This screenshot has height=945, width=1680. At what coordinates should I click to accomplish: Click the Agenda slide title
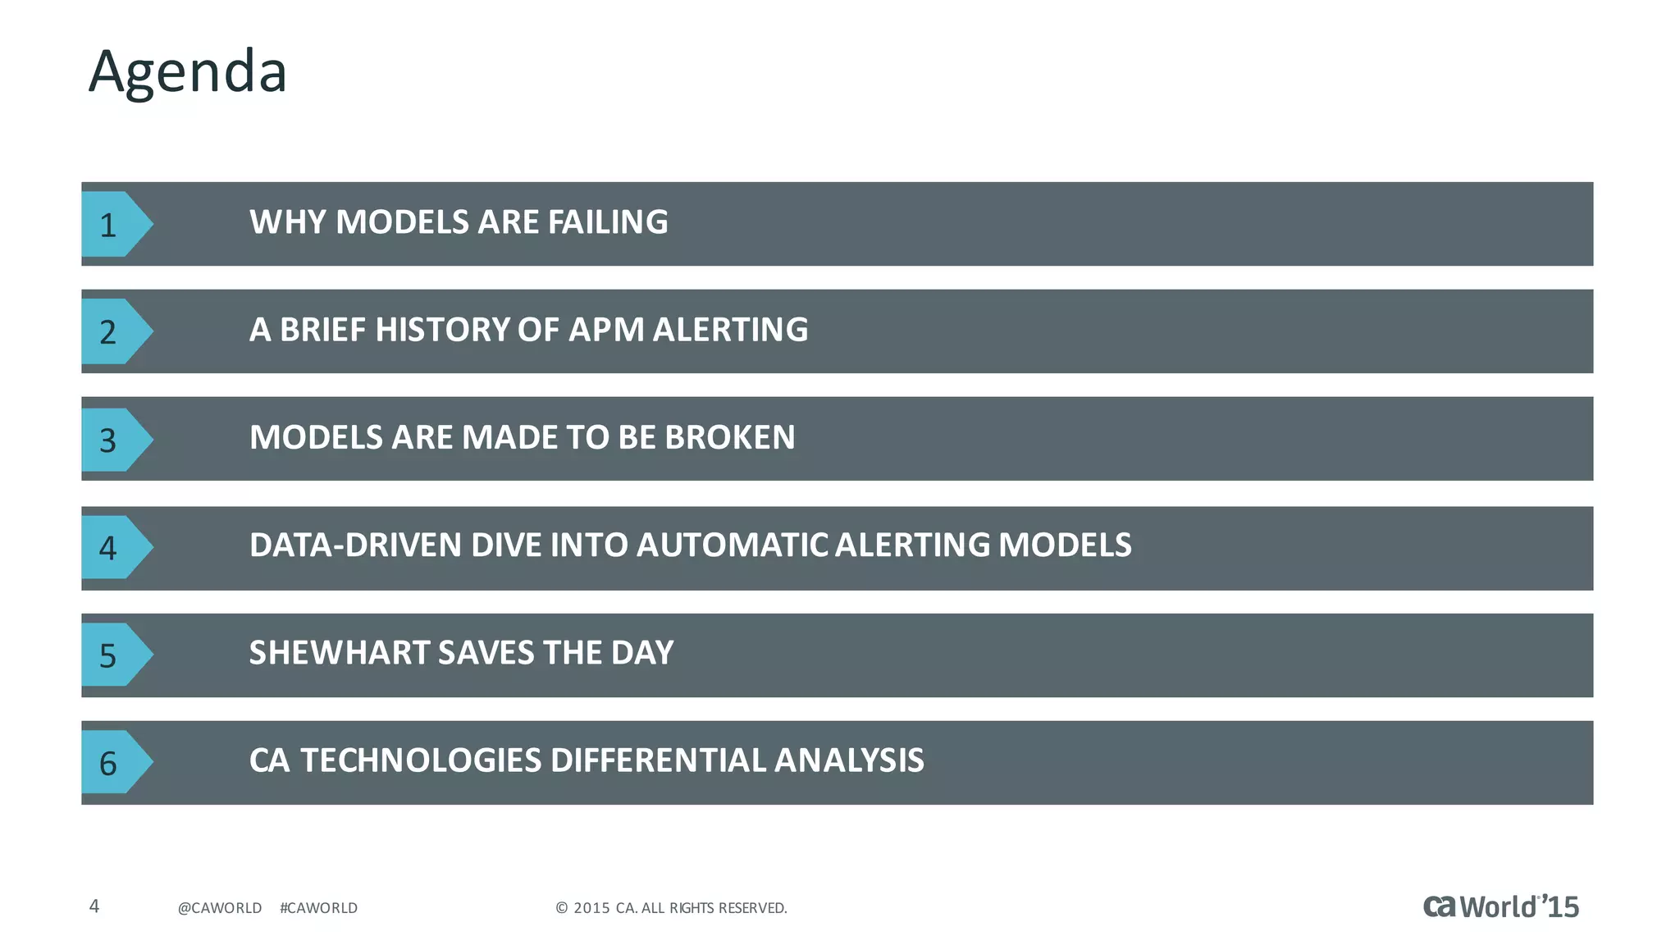pos(188,72)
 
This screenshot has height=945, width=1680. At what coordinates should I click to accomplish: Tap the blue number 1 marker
pos(112,224)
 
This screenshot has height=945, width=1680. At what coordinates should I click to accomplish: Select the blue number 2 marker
pos(112,331)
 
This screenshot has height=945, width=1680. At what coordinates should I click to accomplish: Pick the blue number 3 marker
pos(112,440)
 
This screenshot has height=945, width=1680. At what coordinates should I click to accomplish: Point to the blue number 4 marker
pos(112,547)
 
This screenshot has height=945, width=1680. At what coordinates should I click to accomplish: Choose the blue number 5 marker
pos(112,655)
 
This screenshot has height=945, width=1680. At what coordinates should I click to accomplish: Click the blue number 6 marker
pos(112,762)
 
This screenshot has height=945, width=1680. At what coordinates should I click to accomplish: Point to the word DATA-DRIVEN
pos(355,546)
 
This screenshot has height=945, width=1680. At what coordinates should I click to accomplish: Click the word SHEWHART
pos(339,653)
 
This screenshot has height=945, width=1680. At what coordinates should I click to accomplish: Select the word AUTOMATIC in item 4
pos(732,546)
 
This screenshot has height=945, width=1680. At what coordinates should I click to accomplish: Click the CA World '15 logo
pos(1500,906)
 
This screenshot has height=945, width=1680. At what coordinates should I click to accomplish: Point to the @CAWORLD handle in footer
pos(220,908)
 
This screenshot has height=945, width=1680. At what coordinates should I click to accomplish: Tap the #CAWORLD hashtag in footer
pos(318,908)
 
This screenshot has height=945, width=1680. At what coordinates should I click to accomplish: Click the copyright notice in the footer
pos(671,908)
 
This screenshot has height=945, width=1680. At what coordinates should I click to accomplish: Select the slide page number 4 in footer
pos(94,906)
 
